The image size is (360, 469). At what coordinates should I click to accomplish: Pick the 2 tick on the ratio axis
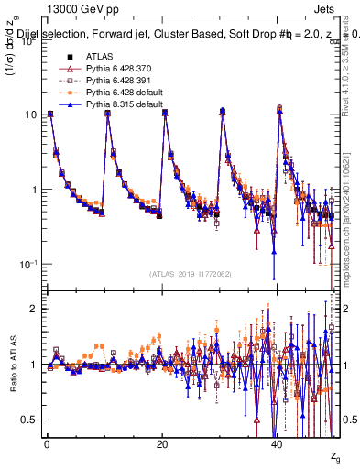point(34,309)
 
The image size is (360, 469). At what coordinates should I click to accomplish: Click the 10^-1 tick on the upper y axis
point(27,264)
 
